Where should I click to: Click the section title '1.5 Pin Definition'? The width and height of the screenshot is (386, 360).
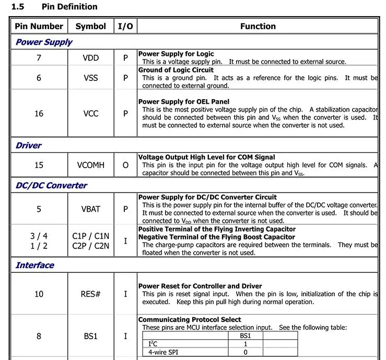point(54,7)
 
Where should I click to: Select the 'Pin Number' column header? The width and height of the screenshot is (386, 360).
point(39,26)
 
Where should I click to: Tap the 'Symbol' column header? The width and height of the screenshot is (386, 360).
point(90,26)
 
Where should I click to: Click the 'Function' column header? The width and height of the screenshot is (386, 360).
point(258,26)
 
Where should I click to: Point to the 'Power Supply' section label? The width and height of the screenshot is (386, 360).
point(44,42)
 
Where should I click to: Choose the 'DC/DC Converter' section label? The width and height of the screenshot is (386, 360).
point(51,185)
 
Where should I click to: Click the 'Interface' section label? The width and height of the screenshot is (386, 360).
point(34,265)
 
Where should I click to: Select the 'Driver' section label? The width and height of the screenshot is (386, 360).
point(29,145)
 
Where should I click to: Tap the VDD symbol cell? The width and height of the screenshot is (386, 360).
point(90,58)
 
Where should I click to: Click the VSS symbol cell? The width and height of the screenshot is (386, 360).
point(90,78)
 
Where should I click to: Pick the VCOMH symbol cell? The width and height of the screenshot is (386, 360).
point(90,165)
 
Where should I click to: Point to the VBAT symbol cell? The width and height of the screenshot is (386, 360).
point(90,209)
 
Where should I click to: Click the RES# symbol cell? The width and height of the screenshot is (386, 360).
point(90,294)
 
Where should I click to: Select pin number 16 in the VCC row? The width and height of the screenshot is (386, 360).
point(39,113)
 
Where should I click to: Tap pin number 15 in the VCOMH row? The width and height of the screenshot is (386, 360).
point(39,165)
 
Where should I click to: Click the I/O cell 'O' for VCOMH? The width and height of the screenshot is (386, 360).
point(125,165)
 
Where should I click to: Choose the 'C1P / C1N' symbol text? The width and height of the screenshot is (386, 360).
point(90,236)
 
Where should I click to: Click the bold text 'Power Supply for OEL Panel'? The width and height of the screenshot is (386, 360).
point(183,102)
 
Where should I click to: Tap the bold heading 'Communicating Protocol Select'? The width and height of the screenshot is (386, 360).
point(190,319)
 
